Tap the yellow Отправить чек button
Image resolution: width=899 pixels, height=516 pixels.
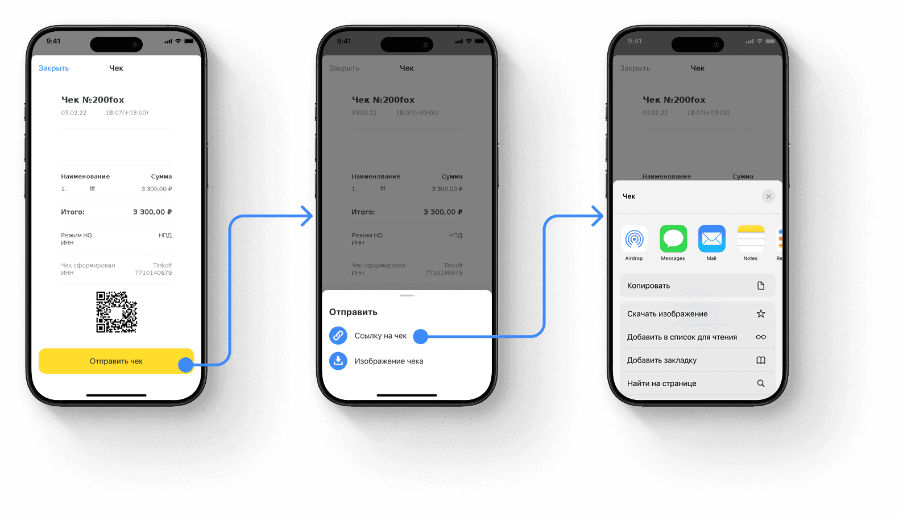coord(116,361)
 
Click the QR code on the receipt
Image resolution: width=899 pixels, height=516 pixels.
coord(117,312)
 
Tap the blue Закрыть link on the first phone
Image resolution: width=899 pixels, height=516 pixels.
coord(53,68)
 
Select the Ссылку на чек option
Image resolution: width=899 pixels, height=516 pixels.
coord(380,336)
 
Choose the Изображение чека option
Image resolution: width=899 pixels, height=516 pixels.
coord(388,361)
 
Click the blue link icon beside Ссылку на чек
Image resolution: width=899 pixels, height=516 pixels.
coord(338,336)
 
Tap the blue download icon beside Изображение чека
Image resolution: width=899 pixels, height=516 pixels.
coord(338,361)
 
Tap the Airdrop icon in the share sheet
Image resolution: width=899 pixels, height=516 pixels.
coord(634,239)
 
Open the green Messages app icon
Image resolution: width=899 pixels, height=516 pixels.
coord(673,239)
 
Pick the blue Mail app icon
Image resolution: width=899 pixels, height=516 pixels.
coord(711,239)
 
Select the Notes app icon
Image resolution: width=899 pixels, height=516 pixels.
coord(751,239)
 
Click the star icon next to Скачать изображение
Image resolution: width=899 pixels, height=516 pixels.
coord(761,313)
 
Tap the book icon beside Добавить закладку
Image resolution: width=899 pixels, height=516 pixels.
coord(761,360)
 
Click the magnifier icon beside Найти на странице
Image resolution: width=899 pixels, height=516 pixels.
coord(761,383)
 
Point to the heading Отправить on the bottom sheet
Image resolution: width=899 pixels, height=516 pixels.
coord(353,312)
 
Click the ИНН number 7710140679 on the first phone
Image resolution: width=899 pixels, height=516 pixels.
coord(153,273)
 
